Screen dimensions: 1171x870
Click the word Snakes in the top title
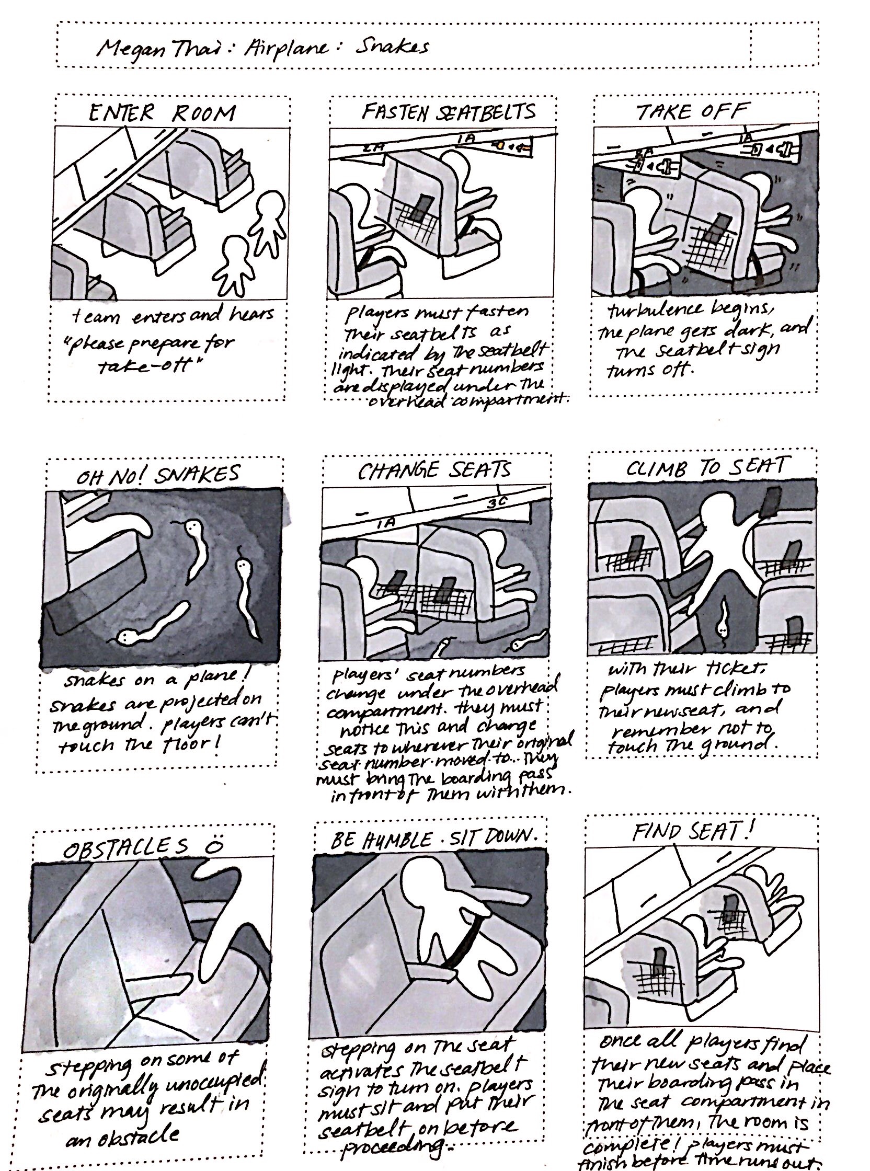pyautogui.click(x=392, y=48)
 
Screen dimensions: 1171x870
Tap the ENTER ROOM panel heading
pyautogui.click(x=162, y=113)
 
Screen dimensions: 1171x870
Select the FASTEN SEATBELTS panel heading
pyautogui.click(x=448, y=111)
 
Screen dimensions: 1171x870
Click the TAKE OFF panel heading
pyautogui.click(x=692, y=111)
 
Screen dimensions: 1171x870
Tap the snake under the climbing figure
pyautogui.click(x=723, y=621)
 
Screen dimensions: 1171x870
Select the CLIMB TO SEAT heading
pyautogui.click(x=705, y=467)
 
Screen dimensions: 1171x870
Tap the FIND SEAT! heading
pyautogui.click(x=693, y=832)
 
